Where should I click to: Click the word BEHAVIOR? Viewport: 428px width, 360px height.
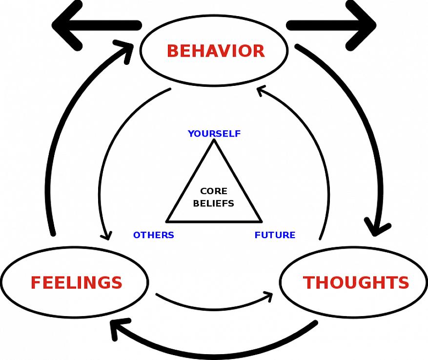click(x=215, y=51)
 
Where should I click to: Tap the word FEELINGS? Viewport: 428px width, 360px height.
click(x=76, y=283)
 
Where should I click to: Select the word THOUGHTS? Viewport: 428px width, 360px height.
click(x=356, y=283)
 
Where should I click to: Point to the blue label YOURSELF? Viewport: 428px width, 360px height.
click(x=214, y=134)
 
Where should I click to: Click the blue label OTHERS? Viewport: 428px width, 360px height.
click(x=153, y=235)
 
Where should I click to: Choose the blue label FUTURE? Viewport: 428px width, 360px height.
click(x=275, y=235)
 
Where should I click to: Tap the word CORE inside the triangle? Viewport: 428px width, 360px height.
click(x=214, y=192)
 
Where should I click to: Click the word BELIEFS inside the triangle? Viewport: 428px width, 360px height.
click(x=214, y=203)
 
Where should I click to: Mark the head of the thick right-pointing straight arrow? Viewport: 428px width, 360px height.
click(x=367, y=24)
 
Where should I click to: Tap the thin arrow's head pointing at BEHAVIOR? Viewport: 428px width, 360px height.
click(x=261, y=90)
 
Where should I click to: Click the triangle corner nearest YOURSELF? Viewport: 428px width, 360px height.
click(x=214, y=140)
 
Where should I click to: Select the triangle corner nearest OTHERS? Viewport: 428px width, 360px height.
click(x=167, y=221)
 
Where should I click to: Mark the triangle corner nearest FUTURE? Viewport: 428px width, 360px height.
click(x=261, y=221)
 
